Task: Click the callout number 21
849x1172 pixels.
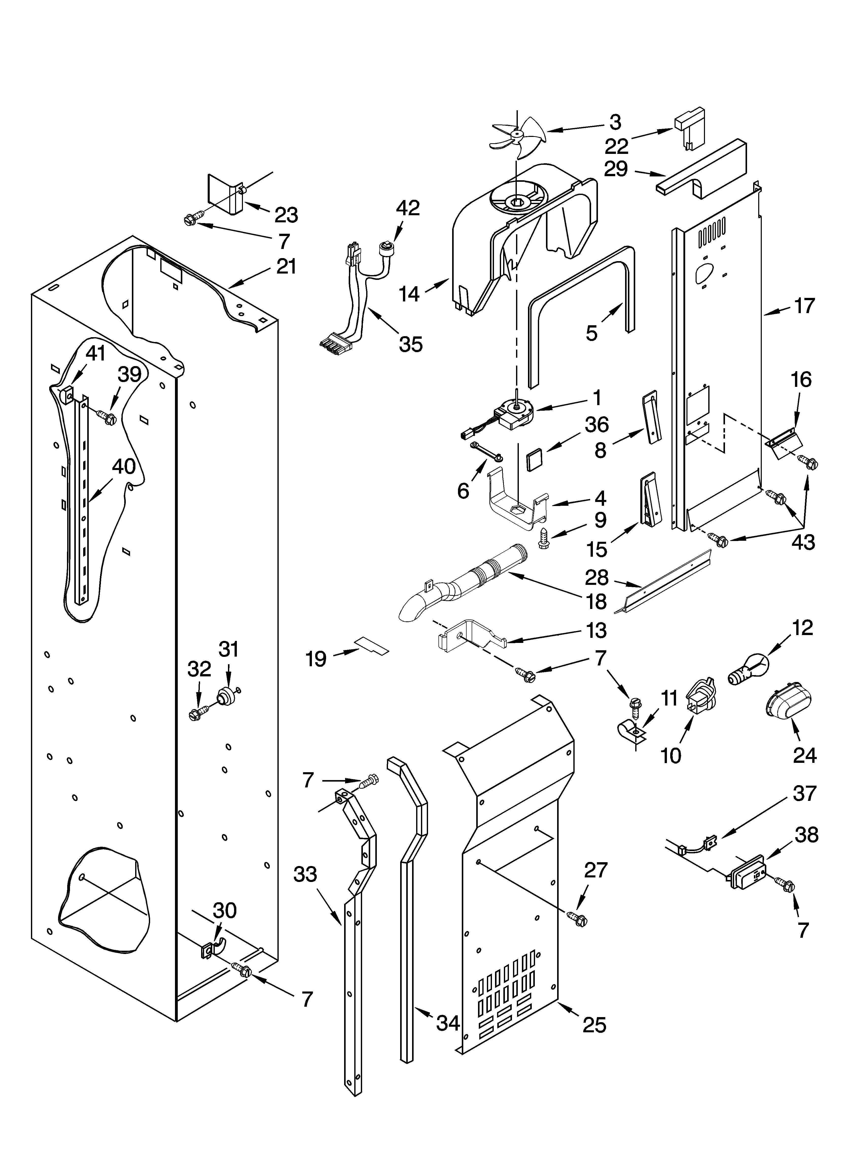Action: (286, 267)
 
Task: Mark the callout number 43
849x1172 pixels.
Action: (803, 542)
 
